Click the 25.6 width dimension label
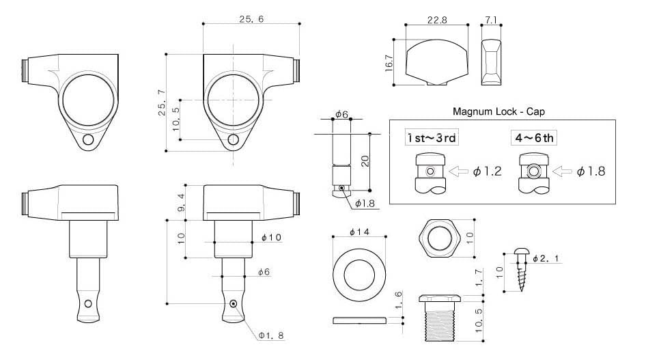coord(251,19)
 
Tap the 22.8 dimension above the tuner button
coord(437,20)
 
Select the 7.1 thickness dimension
coord(491,19)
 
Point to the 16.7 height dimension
coord(389,63)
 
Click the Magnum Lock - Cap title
coord(498,111)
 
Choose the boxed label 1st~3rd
coord(432,137)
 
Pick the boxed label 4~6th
coord(534,137)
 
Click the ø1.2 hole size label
coord(488,171)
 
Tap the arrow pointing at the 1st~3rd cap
coord(458,171)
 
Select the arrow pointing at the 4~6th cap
coord(562,171)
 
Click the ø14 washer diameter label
coord(359,232)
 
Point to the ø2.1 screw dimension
coord(546,258)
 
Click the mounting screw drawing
coord(521,269)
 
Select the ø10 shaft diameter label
coord(271,237)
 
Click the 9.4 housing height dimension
coord(181,202)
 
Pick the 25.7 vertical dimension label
coord(162,102)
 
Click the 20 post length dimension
coord(365,161)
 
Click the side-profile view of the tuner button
coord(491,62)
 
